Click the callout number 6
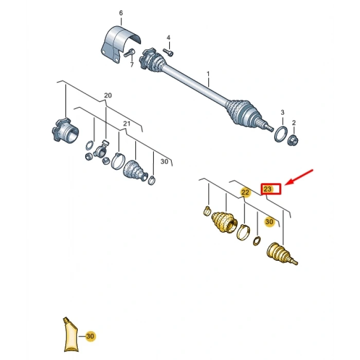121,13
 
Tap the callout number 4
169,38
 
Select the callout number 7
132,65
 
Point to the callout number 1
208,74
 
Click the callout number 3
282,113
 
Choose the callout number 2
294,123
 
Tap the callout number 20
108,95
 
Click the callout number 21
127,124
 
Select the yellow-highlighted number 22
245,192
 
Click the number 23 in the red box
267,189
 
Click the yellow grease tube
70,335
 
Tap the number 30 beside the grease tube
90,336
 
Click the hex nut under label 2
293,140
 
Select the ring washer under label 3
281,134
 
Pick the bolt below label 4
168,52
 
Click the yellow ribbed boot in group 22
224,223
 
